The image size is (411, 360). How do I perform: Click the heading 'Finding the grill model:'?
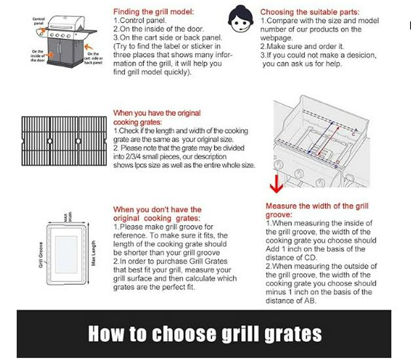(153, 12)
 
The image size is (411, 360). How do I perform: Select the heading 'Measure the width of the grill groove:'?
(317, 210)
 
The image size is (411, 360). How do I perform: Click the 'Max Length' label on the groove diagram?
(96, 247)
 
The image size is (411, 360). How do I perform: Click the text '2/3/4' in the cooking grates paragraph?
(130, 157)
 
